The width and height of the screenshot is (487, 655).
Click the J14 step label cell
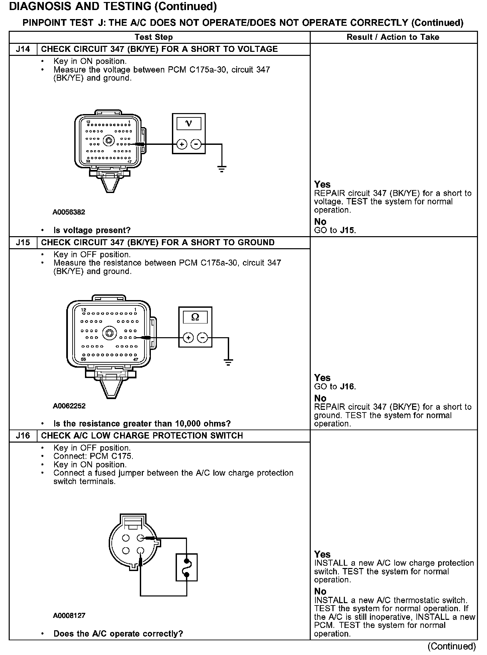(23, 49)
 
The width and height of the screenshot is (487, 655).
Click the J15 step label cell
(23, 243)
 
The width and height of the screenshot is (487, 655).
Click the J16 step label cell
(23, 436)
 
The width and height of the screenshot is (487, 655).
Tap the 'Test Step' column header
(154, 37)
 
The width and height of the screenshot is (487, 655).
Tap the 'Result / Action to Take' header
(393, 37)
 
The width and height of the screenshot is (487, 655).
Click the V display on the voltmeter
(189, 124)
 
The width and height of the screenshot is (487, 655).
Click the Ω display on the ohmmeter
(195, 317)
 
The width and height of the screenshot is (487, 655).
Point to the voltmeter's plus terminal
(182, 144)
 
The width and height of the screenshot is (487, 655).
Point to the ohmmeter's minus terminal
(202, 338)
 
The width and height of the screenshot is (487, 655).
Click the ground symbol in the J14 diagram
(221, 169)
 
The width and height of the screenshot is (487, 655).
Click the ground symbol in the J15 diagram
(228, 362)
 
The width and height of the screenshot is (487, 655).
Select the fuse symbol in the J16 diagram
(187, 567)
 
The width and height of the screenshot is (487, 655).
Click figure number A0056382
(69, 212)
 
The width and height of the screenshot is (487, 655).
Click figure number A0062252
(69, 406)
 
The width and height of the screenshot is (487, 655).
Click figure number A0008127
(69, 616)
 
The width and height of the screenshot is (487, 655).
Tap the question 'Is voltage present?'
(92, 230)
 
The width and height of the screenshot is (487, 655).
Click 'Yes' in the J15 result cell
(322, 378)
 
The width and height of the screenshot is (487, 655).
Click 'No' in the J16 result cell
(320, 591)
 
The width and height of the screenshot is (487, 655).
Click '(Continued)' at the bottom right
(452, 646)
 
